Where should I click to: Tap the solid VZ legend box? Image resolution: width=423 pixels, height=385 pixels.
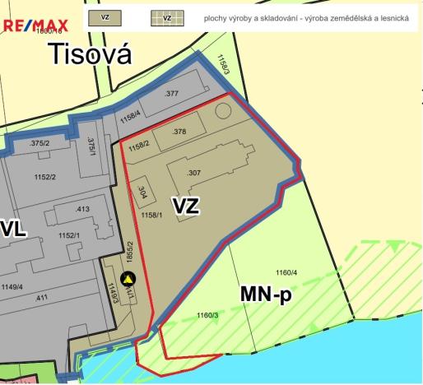[x=105, y=17]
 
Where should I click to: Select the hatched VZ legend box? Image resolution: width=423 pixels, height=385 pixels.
[x=167, y=17]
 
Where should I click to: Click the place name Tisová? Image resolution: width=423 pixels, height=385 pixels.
[x=90, y=54]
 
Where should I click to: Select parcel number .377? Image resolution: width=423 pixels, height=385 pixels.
[x=171, y=95]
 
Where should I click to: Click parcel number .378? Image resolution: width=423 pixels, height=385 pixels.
[x=179, y=132]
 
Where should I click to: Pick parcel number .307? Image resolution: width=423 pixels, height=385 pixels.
[x=194, y=173]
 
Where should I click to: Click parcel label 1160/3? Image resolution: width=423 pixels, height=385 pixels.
[x=206, y=315]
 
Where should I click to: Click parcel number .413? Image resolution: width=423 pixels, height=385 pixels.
[x=82, y=211]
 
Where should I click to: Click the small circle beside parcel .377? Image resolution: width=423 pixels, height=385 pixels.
[x=222, y=110]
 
